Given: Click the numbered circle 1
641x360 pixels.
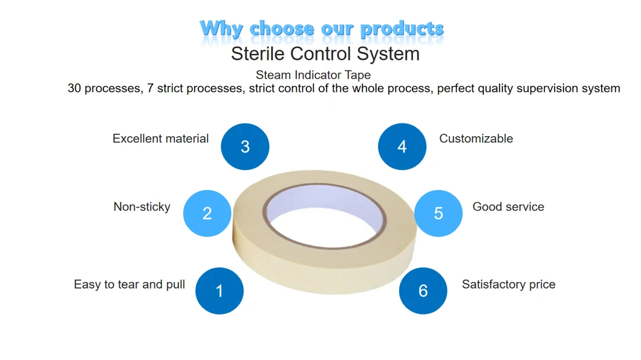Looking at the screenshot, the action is (220, 291).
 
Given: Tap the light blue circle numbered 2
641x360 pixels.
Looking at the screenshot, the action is (207, 213).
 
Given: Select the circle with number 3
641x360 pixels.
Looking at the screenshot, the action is (245, 146).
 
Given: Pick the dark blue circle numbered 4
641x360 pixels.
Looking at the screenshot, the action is (402, 146).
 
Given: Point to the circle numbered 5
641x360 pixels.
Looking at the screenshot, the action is (438, 213).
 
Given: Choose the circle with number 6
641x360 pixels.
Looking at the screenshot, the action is (423, 291).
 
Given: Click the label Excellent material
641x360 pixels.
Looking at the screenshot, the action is (161, 139).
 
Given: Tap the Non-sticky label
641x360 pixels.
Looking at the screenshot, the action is (142, 207).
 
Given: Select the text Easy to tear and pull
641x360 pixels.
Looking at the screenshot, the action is (129, 284).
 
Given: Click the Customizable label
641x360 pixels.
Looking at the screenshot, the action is (476, 139).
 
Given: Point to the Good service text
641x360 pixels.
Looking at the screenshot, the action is (508, 206).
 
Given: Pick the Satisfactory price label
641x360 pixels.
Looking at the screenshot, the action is (509, 284).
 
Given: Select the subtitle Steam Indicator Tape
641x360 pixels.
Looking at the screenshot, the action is (313, 75).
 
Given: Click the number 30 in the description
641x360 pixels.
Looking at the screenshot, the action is (74, 88).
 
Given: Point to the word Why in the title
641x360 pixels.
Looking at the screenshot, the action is (221, 29).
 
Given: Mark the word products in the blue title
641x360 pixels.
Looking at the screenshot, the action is (402, 28).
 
